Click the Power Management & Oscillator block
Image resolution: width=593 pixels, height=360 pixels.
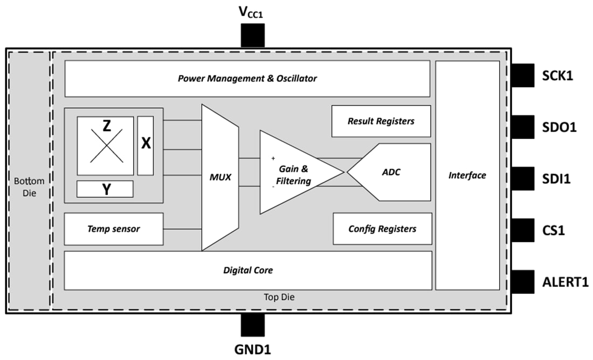click(247, 79)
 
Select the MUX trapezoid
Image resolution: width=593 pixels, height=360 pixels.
click(220, 177)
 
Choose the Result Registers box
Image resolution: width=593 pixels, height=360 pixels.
click(381, 121)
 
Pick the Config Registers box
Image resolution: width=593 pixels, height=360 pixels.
click(382, 229)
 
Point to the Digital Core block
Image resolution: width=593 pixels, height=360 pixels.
click(247, 270)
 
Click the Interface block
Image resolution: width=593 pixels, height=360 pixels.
click(467, 175)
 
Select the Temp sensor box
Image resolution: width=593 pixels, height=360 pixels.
click(113, 229)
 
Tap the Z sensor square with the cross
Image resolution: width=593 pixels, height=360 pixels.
click(105, 146)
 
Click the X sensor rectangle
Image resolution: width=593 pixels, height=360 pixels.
click(146, 145)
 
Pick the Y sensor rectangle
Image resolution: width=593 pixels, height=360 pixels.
click(105, 189)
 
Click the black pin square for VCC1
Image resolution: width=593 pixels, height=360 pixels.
click(252, 36)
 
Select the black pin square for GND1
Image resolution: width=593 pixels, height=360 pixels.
click(252, 326)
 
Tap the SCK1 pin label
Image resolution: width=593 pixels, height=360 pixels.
click(557, 77)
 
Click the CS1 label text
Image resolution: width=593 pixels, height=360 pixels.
click(553, 231)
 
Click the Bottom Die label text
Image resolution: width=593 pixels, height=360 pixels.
click(30, 186)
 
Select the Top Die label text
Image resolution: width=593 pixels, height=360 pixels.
click(279, 297)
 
